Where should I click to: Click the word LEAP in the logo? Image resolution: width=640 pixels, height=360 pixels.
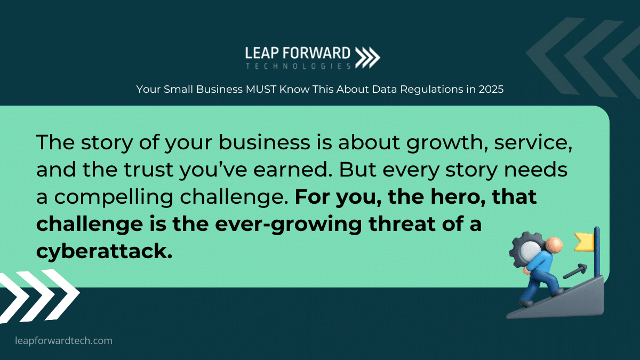coord(262,53)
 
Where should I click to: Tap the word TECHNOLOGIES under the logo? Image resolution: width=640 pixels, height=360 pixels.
coord(298,66)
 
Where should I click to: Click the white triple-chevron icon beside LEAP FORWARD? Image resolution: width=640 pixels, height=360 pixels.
coord(367,58)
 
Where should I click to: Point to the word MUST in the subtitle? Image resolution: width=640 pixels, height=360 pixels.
coord(261,89)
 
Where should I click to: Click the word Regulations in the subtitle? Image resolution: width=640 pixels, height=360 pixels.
coord(431,90)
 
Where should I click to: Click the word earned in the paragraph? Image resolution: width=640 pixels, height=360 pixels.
coord(293,170)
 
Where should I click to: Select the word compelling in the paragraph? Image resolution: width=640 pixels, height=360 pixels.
coord(114,198)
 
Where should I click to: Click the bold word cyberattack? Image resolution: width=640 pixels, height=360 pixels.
coord(105,251)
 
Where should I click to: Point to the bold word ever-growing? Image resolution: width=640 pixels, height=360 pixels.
coord(289,225)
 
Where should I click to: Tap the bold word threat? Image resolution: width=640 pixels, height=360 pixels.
coord(402,223)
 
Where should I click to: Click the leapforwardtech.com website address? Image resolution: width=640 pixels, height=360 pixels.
coord(63,341)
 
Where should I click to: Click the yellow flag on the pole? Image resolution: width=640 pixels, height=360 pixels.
coord(584,242)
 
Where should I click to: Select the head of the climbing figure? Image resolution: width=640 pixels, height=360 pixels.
coord(554,245)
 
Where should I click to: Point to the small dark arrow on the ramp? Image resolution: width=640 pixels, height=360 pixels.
coord(575,271)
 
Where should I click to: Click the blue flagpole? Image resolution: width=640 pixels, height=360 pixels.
coord(597,252)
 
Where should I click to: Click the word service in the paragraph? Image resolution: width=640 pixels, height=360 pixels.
coord(533,142)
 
